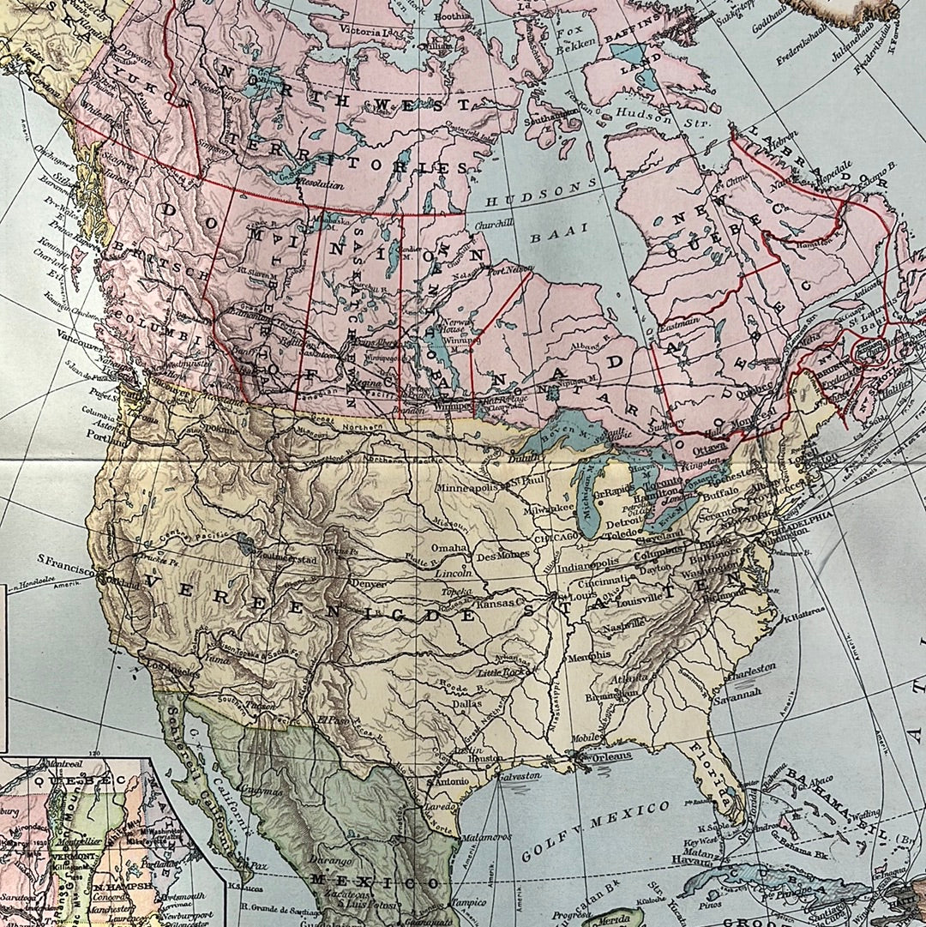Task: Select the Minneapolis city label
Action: (466, 488)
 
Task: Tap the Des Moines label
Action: (502, 554)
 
